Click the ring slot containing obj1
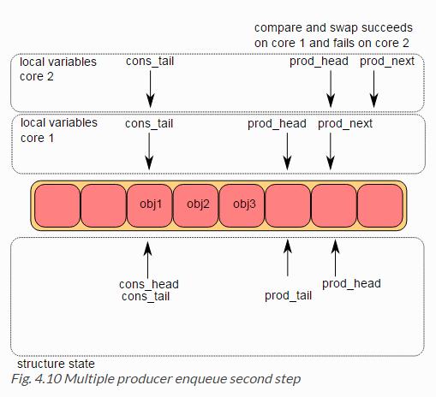(x=149, y=205)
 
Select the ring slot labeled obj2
(x=195, y=205)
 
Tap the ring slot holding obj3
(x=242, y=205)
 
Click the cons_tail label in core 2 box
(x=150, y=62)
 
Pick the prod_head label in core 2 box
(x=319, y=62)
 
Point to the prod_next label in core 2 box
(x=387, y=62)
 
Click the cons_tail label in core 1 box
(x=149, y=124)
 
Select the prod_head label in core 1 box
(x=277, y=124)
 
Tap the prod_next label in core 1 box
(x=345, y=124)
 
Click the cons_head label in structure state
(x=149, y=284)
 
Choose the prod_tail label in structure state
(x=288, y=296)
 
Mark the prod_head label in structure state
(x=351, y=284)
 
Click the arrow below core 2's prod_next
(x=373, y=89)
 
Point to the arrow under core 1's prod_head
(x=287, y=151)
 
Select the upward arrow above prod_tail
(x=288, y=258)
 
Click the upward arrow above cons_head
(x=147, y=260)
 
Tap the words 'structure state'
(x=56, y=364)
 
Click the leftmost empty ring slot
(x=57, y=205)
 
